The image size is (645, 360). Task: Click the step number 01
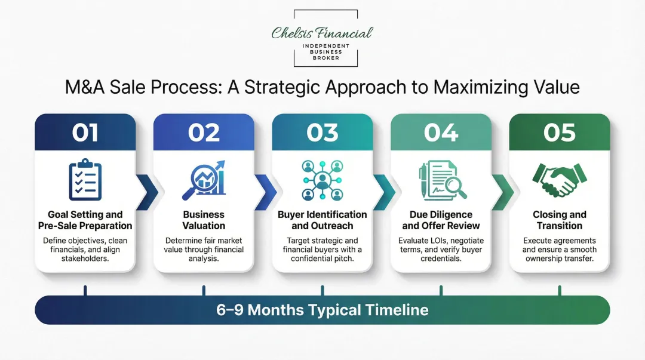click(85, 132)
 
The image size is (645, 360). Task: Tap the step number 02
click(204, 132)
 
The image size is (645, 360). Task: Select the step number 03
click(322, 132)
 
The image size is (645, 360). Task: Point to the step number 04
click(441, 132)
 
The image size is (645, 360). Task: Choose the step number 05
click(560, 132)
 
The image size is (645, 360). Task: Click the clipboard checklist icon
click(85, 179)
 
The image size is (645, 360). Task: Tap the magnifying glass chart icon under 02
click(204, 179)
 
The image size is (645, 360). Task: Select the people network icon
click(322, 179)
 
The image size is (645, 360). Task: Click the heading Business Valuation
click(204, 220)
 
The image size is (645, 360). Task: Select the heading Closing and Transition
click(560, 220)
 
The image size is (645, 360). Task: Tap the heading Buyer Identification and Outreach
click(322, 220)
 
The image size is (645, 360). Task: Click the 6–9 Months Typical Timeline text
click(322, 310)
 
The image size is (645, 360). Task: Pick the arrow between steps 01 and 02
click(147, 192)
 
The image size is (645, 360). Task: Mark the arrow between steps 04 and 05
click(503, 192)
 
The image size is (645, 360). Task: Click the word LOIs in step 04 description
click(437, 240)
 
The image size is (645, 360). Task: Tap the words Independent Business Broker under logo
click(325, 52)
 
